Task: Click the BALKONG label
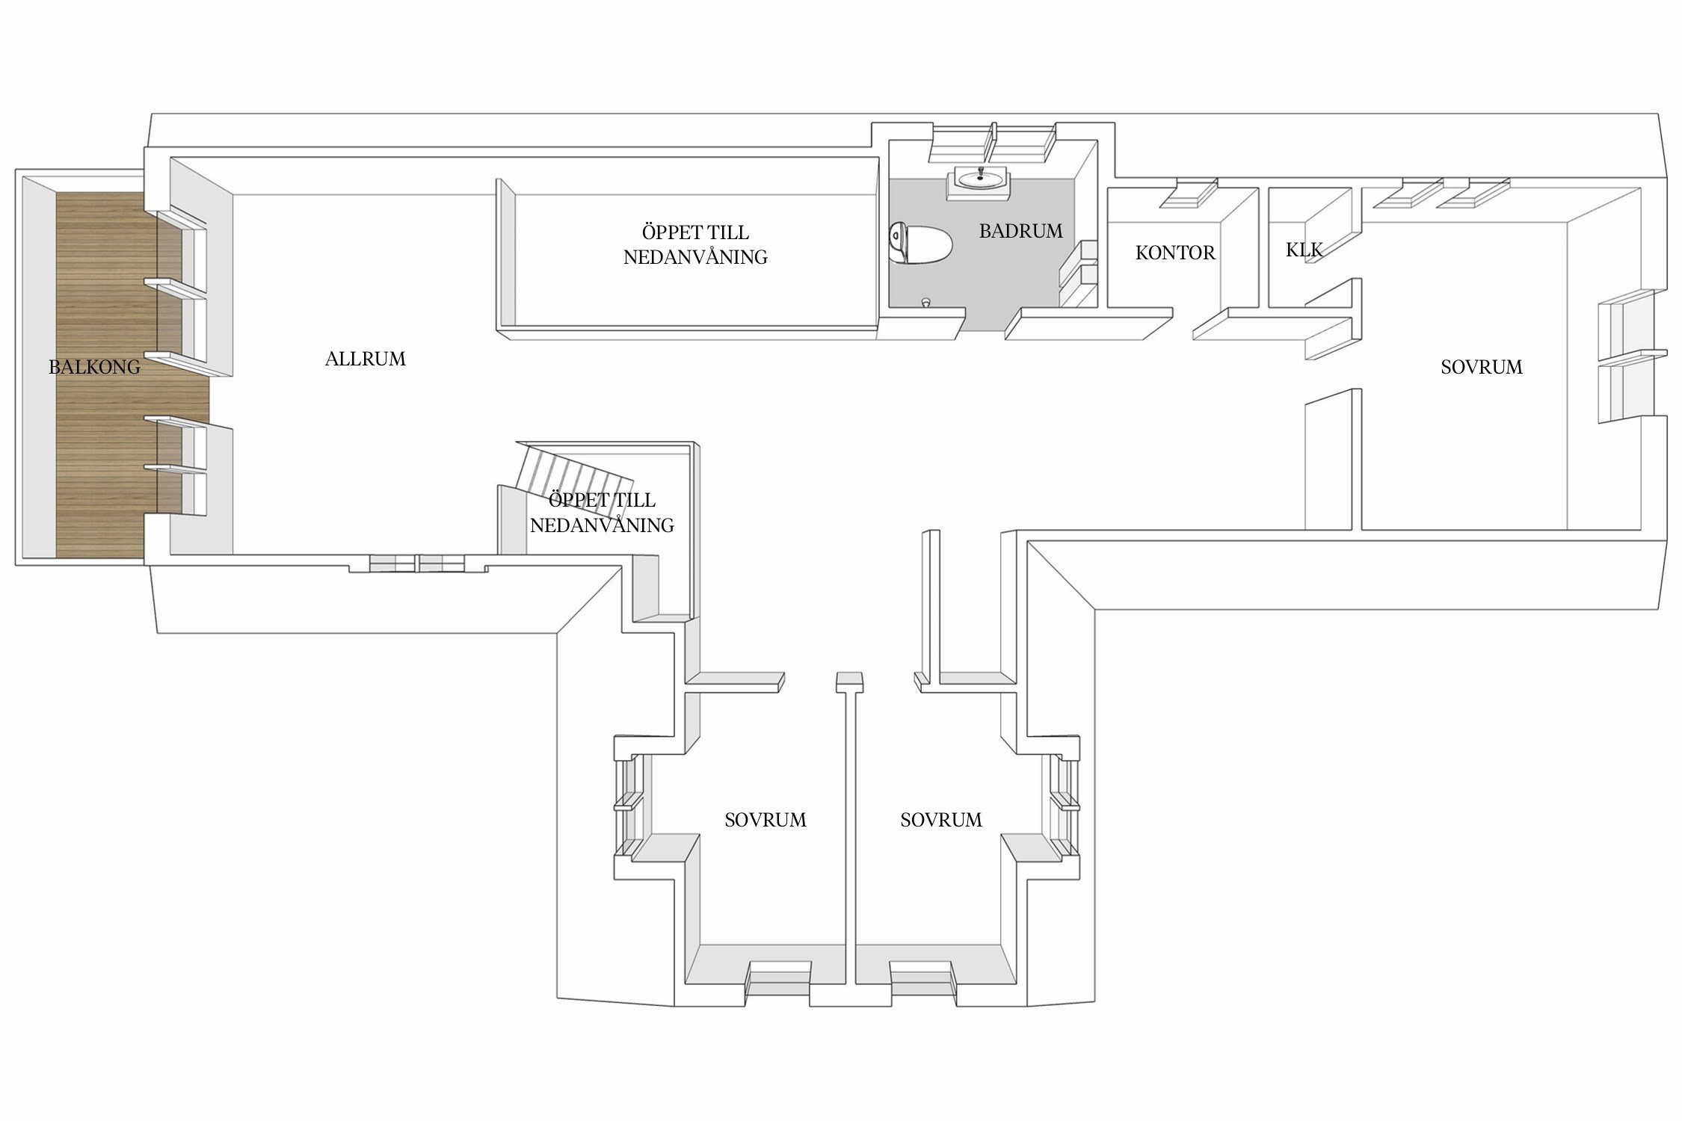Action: (x=94, y=367)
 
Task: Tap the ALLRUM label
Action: (x=366, y=359)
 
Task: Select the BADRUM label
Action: (x=1021, y=231)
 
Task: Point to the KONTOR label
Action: (x=1175, y=253)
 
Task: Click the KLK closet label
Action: (x=1304, y=250)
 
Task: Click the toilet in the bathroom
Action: (x=920, y=244)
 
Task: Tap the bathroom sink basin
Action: (x=979, y=179)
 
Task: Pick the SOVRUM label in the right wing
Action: (x=1482, y=367)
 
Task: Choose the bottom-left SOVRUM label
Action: (x=765, y=820)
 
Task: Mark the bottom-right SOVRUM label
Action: (x=941, y=820)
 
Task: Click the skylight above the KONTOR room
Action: (x=1189, y=193)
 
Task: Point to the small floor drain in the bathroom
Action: (x=926, y=302)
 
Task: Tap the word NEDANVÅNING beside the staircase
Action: (x=602, y=525)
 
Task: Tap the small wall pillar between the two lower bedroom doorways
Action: (x=849, y=682)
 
